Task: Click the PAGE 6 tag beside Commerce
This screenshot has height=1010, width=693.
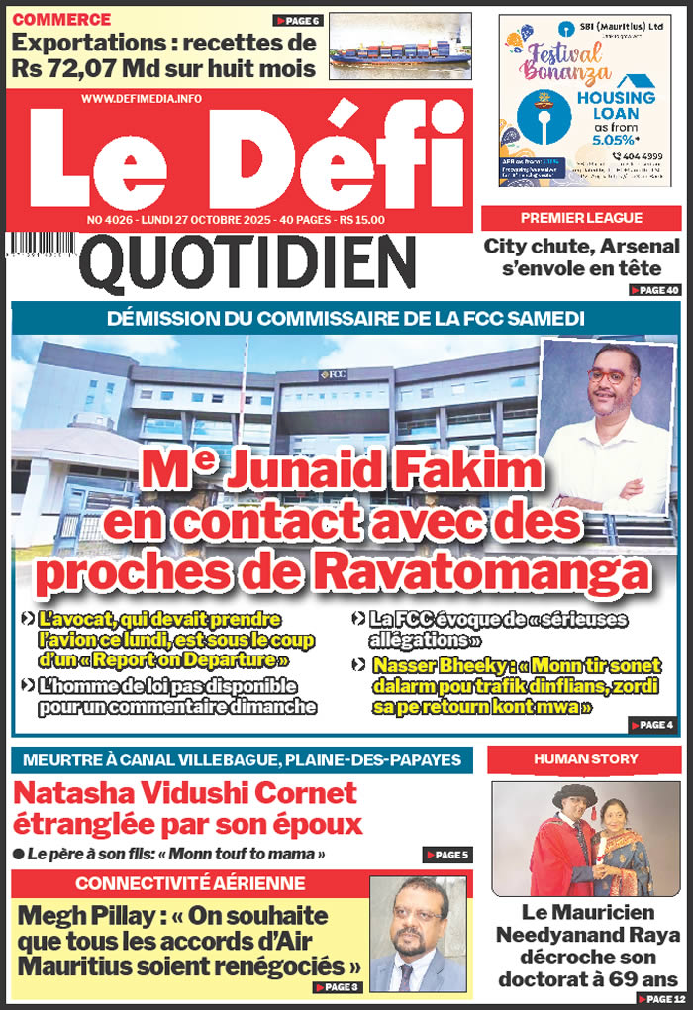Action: click(x=297, y=20)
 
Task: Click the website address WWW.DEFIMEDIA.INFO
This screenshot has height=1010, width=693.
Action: click(x=142, y=98)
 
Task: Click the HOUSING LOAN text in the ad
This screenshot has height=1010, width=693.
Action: click(x=616, y=107)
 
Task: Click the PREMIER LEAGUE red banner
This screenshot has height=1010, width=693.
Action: click(x=582, y=218)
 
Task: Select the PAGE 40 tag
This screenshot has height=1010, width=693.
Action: click(x=654, y=290)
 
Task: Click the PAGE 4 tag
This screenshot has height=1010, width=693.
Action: click(x=650, y=725)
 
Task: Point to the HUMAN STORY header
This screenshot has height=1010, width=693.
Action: click(x=585, y=759)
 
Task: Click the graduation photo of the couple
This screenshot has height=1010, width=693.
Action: click(x=586, y=839)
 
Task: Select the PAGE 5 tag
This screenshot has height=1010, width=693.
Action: click(x=445, y=855)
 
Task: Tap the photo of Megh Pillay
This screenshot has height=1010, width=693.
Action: click(x=418, y=933)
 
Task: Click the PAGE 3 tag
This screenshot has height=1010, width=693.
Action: click(x=336, y=987)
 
